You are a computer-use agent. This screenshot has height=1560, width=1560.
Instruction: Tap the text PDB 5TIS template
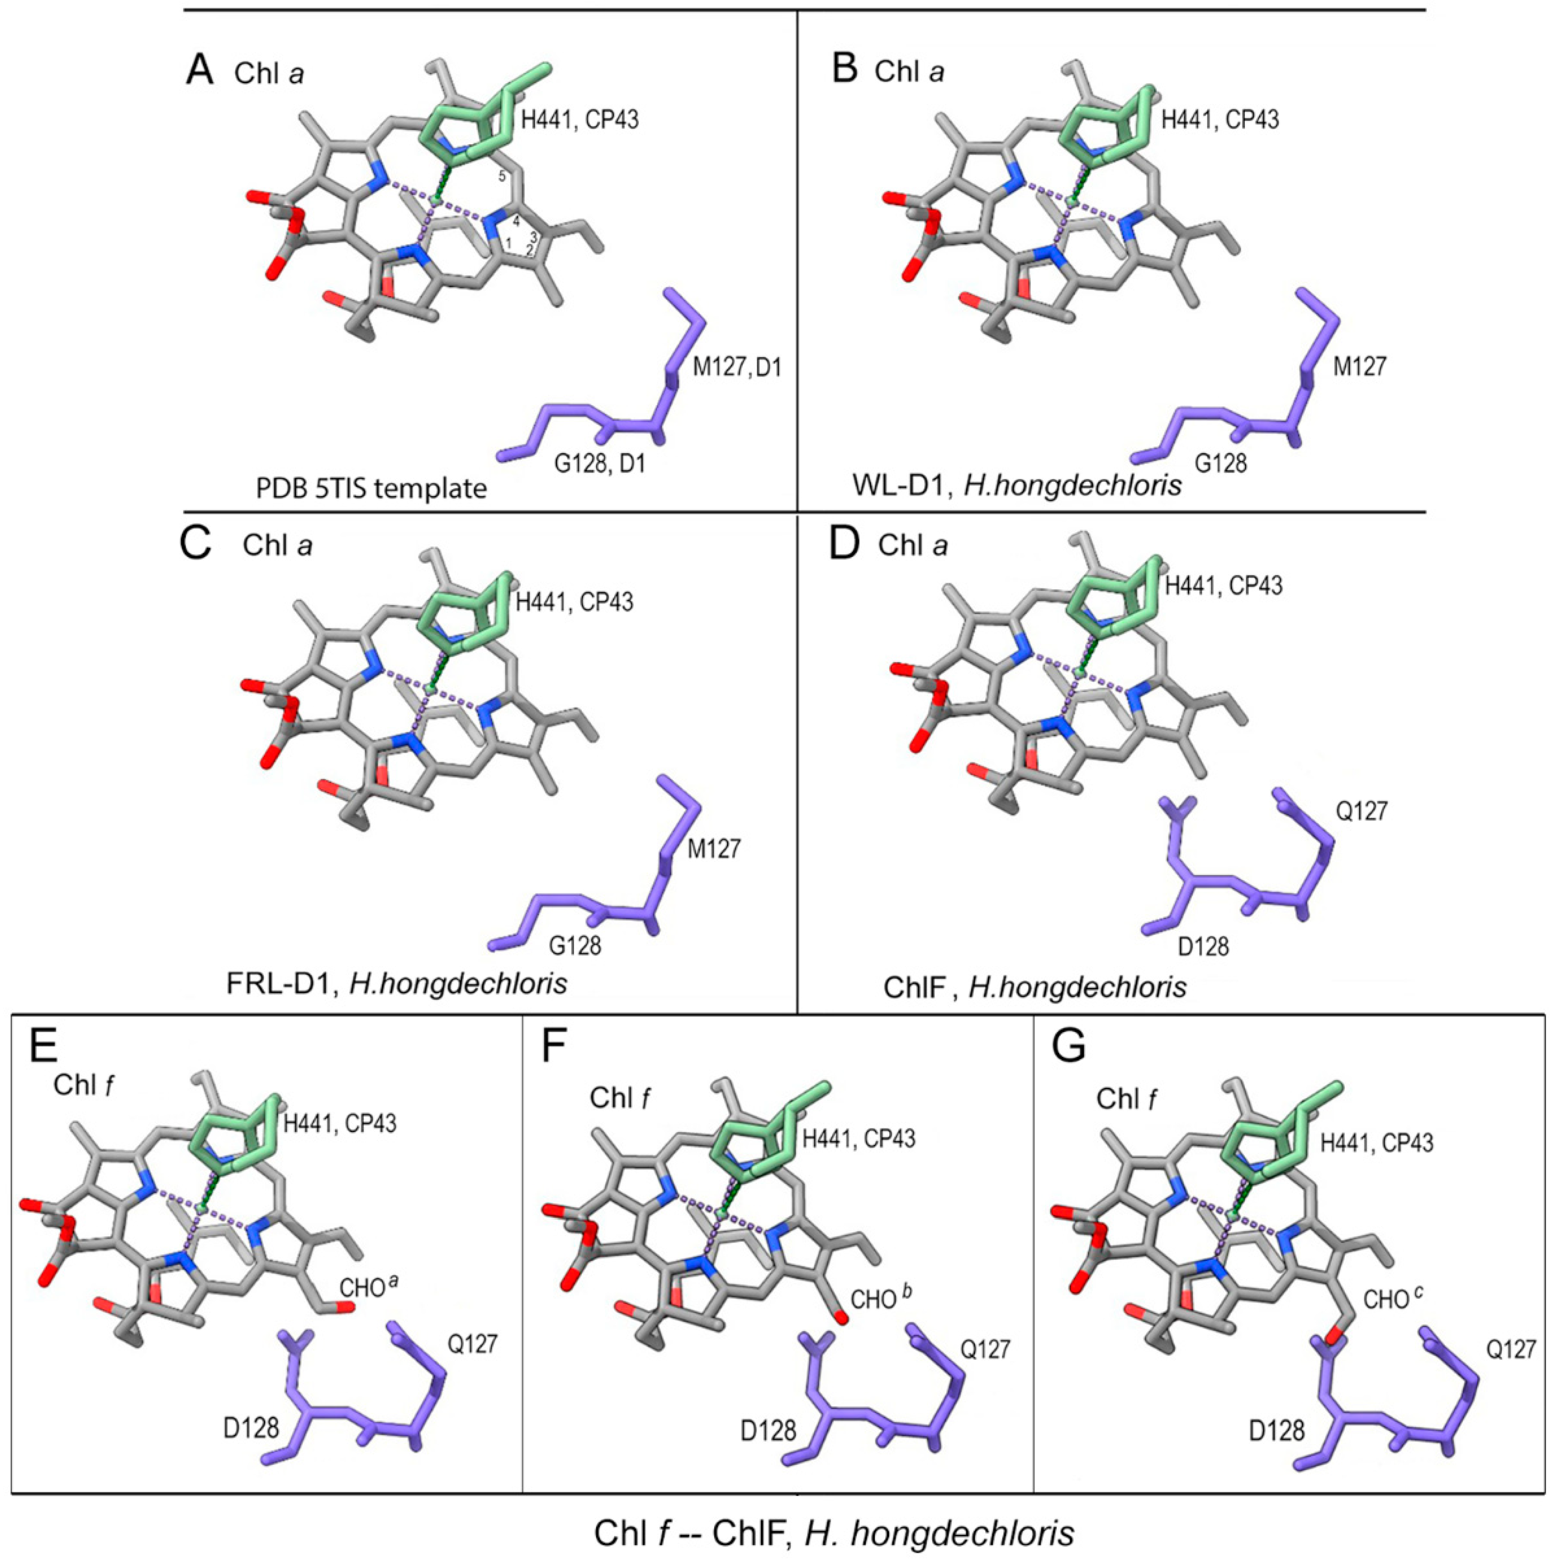[x=371, y=487]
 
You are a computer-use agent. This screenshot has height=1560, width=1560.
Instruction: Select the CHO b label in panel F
[x=884, y=1299]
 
